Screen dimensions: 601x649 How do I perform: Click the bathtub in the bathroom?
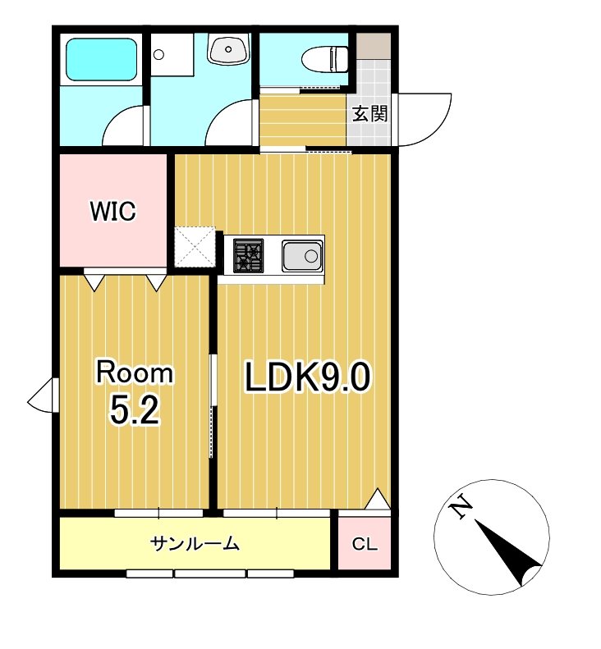pos(101,60)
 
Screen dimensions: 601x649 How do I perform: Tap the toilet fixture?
pos(326,60)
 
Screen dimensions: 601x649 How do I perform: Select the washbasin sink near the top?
pos(228,49)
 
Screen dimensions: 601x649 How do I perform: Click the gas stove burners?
pos(248,255)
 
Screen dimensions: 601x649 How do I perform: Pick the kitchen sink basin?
pos(302,256)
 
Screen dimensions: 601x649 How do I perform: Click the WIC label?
pos(112,211)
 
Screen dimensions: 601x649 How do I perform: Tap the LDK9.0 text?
pos(307,377)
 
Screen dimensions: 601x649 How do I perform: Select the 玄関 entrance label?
pos(370,114)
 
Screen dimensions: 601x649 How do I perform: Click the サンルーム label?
pos(195,543)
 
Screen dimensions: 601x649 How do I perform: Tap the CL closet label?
pos(365,544)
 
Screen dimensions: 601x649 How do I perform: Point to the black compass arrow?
pos(508,553)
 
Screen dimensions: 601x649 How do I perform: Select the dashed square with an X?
pos(195,247)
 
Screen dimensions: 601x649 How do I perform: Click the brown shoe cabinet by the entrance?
pos(374,46)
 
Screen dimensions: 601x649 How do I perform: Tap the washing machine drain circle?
pos(158,54)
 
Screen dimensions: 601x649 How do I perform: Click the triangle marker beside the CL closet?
pos(378,499)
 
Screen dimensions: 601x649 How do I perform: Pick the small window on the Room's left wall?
pos(43,395)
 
